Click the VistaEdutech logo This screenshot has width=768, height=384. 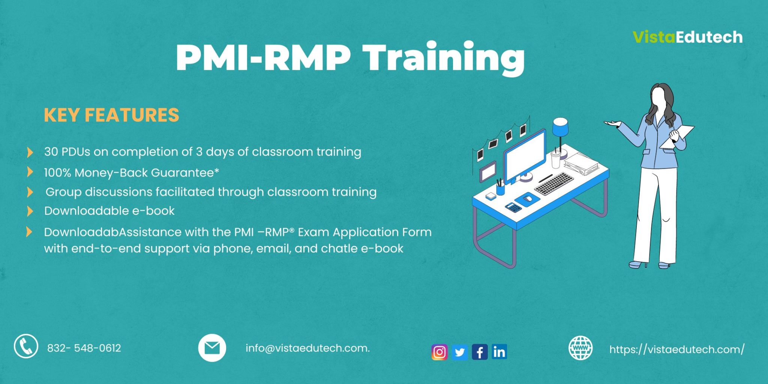point(687,37)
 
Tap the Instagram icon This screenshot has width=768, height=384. point(439,352)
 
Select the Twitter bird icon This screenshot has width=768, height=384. point(459,352)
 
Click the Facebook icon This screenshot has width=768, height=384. point(480,352)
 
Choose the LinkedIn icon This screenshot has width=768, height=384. point(499,352)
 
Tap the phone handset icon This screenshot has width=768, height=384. point(26,346)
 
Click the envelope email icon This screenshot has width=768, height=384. point(212,348)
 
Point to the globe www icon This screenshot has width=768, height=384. point(580,348)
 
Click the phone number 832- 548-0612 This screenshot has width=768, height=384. point(84,348)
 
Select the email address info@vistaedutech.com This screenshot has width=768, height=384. point(307,348)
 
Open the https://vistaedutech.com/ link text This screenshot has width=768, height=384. point(676,349)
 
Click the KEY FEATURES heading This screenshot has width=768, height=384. point(111,115)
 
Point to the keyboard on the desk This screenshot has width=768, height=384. point(554,184)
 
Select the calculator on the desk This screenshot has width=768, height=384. point(513,207)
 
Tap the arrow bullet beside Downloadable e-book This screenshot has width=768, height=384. point(30,211)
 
